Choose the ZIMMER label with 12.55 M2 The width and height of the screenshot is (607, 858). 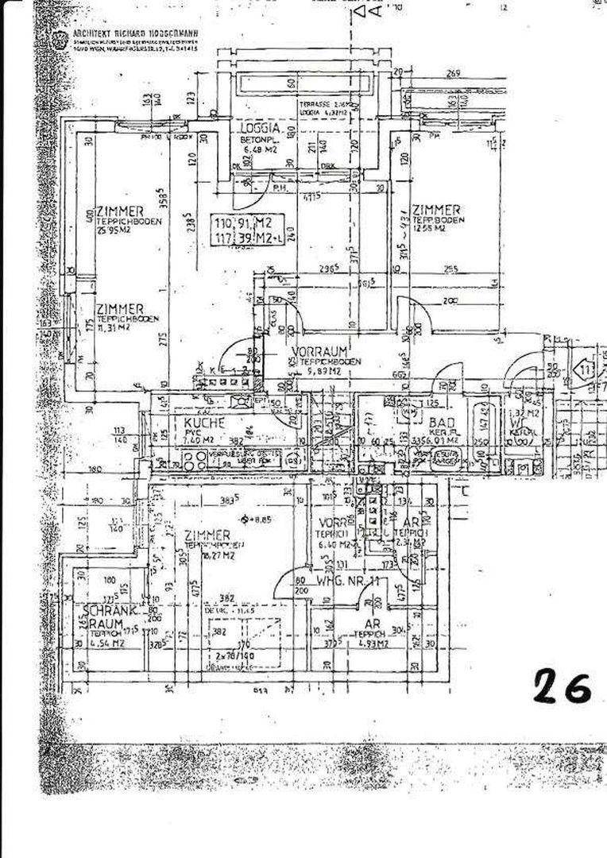pos(436,209)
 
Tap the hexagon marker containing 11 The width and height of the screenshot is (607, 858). pos(586,371)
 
